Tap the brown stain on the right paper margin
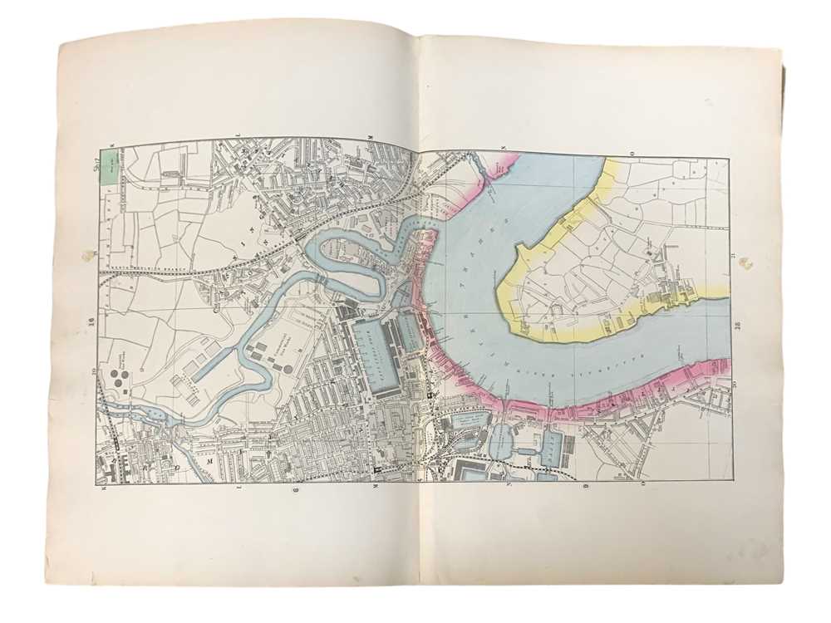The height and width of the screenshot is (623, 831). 745,263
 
